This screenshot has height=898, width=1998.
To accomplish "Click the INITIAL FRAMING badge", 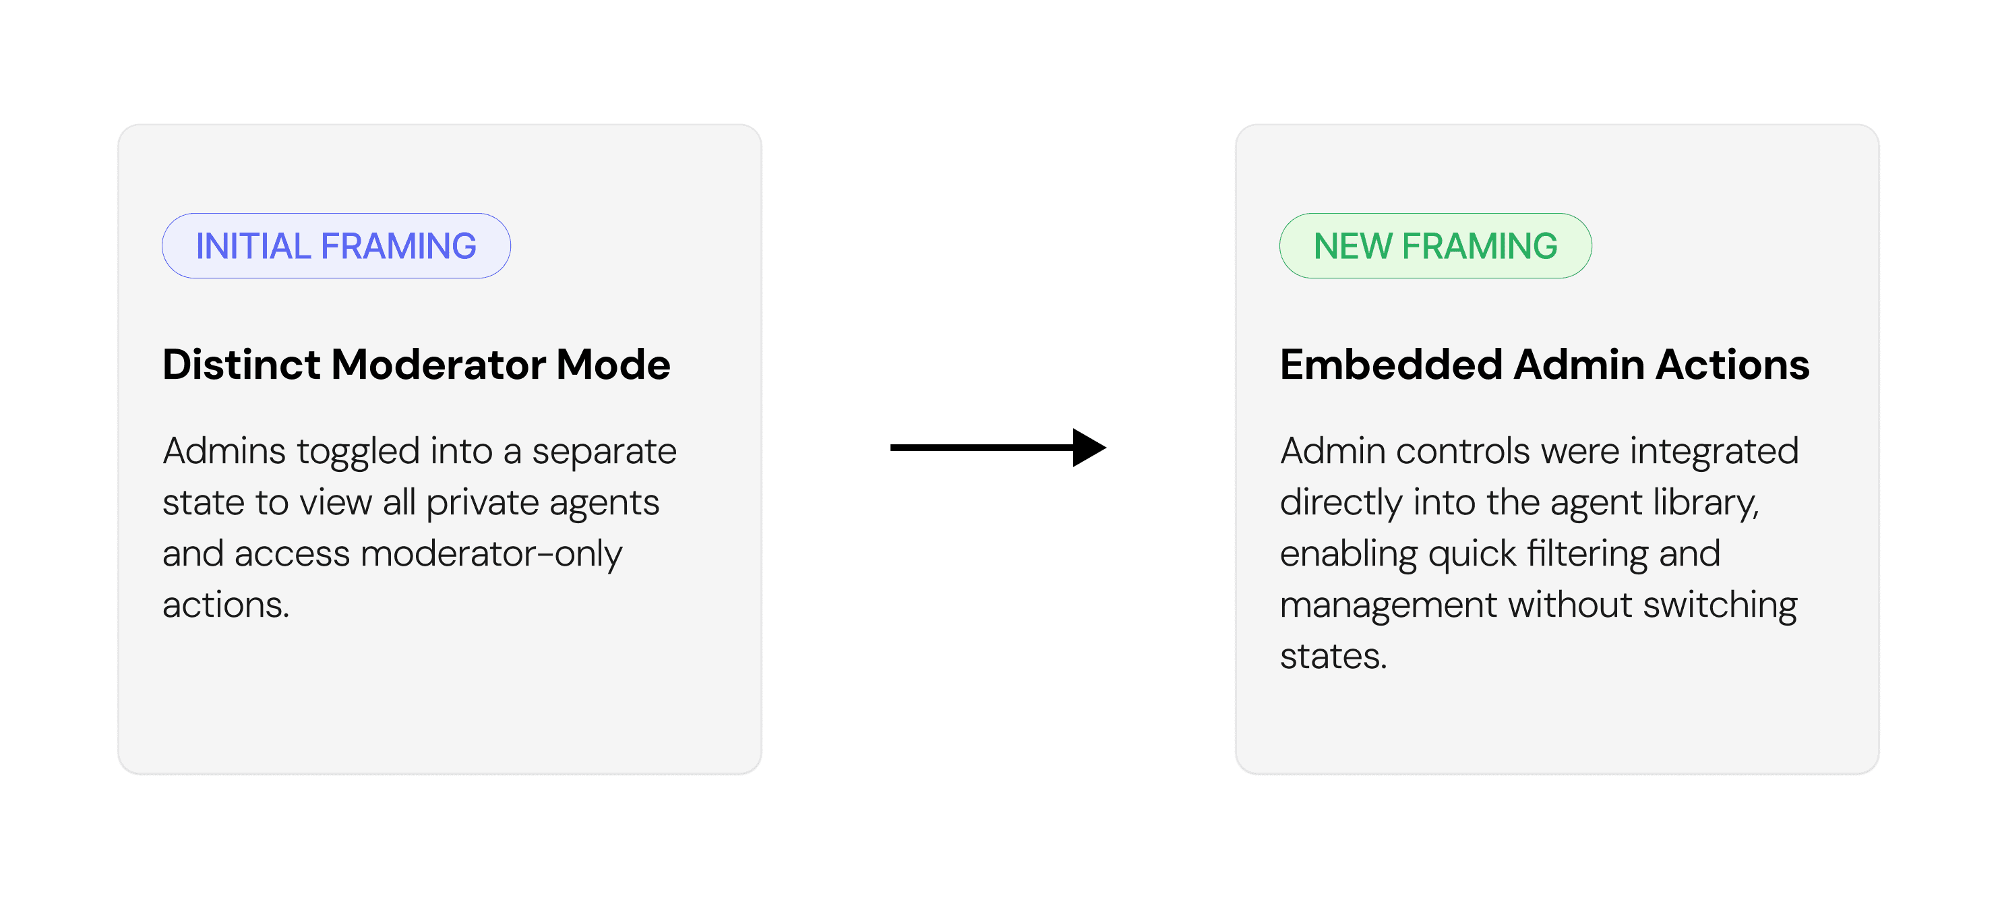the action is (336, 246).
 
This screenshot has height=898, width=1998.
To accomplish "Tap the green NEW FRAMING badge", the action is (1435, 246).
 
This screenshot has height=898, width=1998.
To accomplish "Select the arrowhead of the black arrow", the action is (1088, 448).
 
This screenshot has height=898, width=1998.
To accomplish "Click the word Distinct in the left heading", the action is (241, 365).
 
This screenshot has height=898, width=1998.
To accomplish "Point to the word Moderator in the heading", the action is (437, 365).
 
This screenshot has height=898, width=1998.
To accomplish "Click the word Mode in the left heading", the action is (613, 365).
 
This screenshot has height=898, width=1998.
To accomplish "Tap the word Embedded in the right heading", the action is (1391, 365).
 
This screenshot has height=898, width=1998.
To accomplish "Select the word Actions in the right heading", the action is (1732, 365).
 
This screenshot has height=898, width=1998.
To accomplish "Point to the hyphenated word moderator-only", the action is (491, 554).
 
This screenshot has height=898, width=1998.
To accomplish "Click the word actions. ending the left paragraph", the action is (226, 605).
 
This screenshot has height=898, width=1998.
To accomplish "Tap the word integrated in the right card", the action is (1714, 451).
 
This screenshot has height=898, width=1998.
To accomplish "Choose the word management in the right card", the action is (1387, 605).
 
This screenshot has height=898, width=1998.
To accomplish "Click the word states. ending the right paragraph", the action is (1333, 657).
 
